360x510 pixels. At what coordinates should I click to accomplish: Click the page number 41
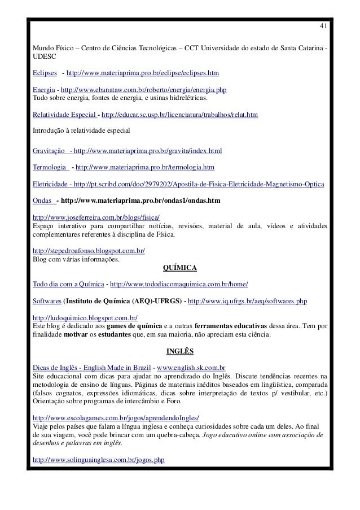tap(322, 27)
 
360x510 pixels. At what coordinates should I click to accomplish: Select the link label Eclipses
tap(45, 73)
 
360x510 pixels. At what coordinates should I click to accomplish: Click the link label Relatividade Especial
tap(64, 115)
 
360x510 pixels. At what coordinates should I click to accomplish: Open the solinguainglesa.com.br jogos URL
tap(99, 460)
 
